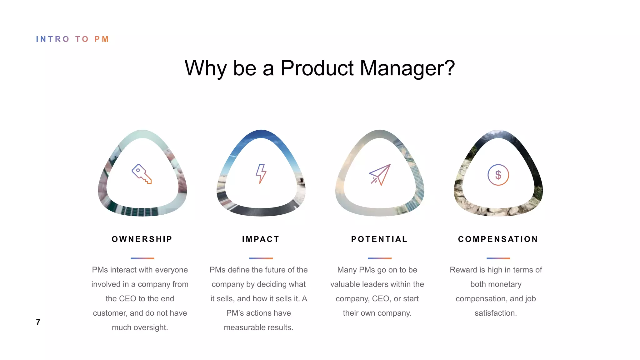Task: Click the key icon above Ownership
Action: point(142,174)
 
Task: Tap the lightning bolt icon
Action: point(261,173)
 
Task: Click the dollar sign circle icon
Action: point(498,175)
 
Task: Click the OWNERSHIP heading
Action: point(142,239)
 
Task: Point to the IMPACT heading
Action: point(261,239)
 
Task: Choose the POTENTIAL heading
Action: point(379,239)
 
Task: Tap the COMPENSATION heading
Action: point(498,239)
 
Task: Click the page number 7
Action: point(38,322)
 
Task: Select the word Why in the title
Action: point(205,68)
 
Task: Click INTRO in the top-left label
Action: point(52,39)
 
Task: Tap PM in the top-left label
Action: point(102,39)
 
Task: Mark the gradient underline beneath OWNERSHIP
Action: point(142,258)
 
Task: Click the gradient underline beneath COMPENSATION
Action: point(498,258)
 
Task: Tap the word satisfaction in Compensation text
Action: point(495,313)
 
